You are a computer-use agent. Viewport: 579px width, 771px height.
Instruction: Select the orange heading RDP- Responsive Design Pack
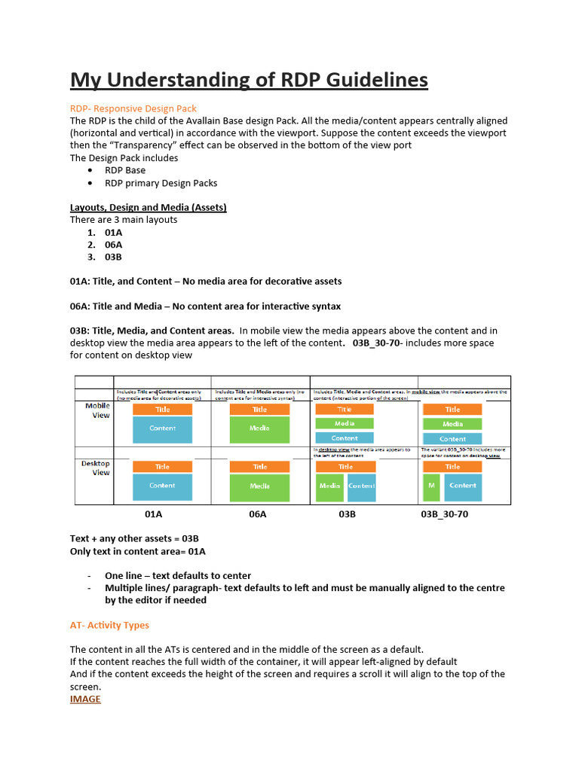(x=133, y=108)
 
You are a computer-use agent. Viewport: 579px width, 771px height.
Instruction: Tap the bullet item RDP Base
(x=125, y=170)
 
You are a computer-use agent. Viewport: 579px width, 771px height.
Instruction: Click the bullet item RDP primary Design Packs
(x=161, y=183)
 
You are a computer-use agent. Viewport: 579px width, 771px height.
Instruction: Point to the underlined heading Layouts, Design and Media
(x=148, y=207)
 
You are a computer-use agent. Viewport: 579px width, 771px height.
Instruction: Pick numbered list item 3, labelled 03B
(x=113, y=257)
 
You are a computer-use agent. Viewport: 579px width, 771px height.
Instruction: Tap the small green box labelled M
(x=431, y=486)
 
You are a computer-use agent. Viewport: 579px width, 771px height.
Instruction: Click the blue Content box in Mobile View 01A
(x=162, y=428)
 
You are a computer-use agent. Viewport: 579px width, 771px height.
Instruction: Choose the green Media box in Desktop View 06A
(x=259, y=487)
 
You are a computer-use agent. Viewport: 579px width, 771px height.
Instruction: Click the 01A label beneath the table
(x=154, y=514)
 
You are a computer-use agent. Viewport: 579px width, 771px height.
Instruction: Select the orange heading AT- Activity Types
(x=109, y=625)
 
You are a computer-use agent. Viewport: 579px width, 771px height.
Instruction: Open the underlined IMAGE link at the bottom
(x=85, y=699)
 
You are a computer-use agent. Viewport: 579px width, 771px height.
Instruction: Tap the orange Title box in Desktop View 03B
(x=345, y=467)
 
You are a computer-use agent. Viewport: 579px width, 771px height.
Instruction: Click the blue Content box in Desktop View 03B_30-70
(x=462, y=486)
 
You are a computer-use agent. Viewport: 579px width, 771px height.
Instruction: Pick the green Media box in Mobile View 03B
(x=345, y=424)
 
